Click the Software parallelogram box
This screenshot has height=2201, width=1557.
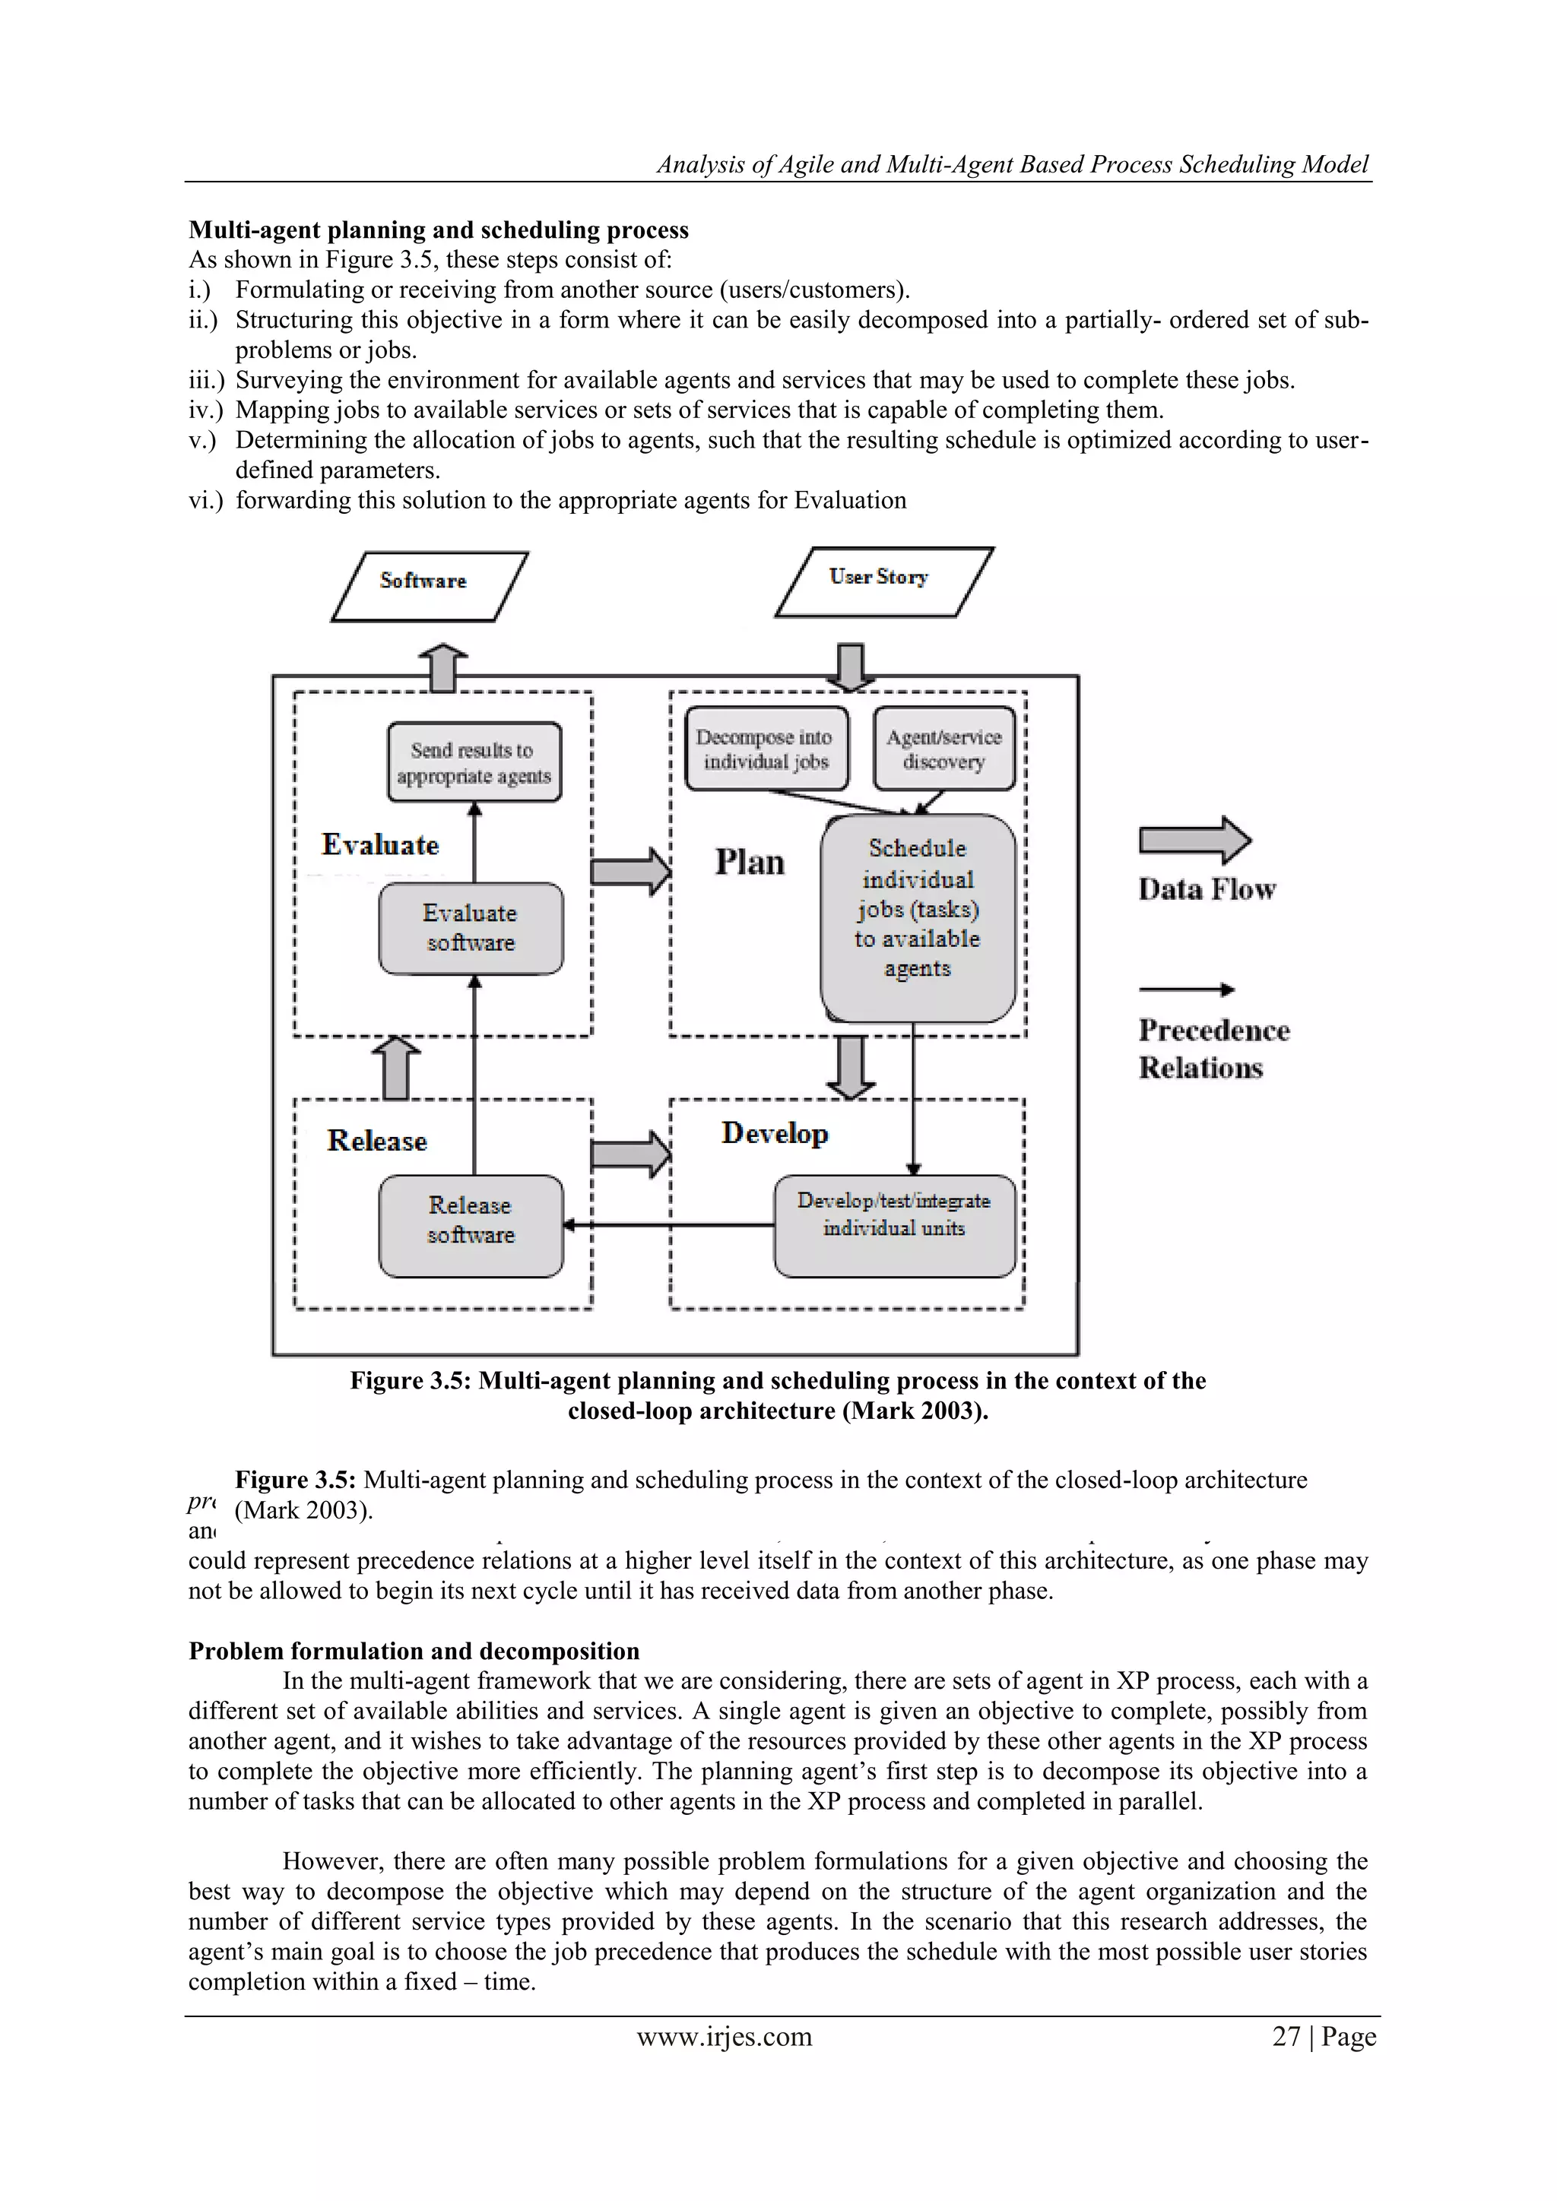430,586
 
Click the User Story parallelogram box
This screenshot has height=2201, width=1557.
883,581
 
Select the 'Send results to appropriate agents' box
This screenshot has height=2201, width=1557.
474,762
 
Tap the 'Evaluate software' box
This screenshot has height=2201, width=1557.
471,928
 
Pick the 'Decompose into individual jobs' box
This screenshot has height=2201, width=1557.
766,749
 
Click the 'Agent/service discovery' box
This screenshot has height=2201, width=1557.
943,749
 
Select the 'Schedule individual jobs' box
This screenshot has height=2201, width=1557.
918,918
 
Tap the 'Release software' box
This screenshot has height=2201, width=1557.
471,1225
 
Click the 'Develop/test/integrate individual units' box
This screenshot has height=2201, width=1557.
893,1225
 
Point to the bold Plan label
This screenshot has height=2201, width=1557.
749,862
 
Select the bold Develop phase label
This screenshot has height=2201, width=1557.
775,1133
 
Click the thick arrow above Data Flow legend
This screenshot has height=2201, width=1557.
1194,841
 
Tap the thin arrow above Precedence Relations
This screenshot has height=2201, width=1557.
1186,990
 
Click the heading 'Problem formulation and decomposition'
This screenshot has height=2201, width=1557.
414,1651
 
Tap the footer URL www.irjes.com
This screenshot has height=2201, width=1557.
724,2036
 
